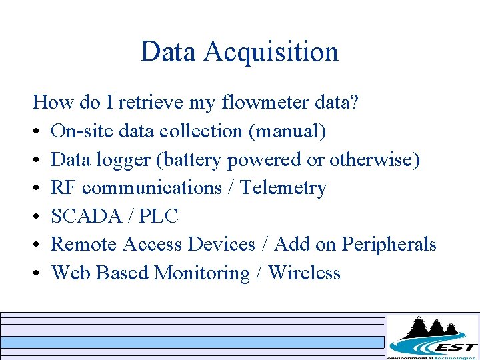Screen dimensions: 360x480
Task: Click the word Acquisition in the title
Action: [x=271, y=52]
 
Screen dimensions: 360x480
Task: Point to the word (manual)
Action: [x=287, y=131]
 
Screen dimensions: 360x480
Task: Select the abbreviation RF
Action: [x=63, y=188]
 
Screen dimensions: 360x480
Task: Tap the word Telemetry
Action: [x=283, y=188]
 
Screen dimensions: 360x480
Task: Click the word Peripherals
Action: [x=389, y=245]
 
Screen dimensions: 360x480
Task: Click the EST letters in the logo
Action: [x=455, y=347]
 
